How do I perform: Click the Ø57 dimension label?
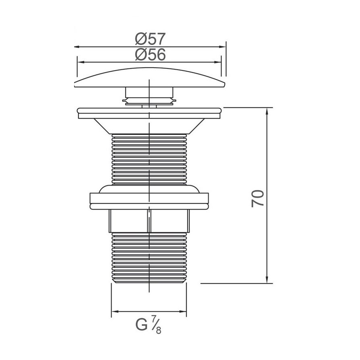coord(150,39)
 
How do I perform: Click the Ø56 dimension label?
coord(150,55)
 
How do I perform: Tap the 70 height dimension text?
coord(258,199)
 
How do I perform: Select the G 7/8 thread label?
coord(148,325)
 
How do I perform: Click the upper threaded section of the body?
coord(149,159)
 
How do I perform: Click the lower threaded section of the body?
coord(149,258)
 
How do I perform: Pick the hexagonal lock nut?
coord(149,221)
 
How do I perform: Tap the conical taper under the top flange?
coord(149,126)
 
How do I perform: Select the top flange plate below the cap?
coord(149,113)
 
